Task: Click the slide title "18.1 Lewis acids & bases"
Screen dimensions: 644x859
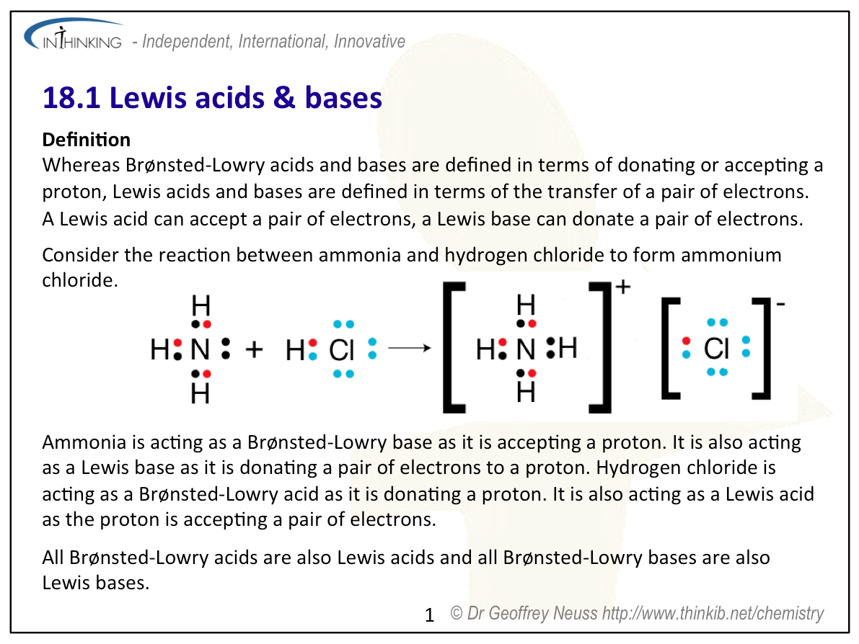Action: coord(212,98)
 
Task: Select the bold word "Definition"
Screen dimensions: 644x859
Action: coord(87,139)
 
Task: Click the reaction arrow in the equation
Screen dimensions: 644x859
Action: coord(409,349)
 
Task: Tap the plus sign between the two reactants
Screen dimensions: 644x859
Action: coord(254,350)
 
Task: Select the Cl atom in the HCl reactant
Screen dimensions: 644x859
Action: coord(342,350)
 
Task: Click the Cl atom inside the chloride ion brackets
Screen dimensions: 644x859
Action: coord(716,349)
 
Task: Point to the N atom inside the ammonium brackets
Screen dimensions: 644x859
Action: coord(526,350)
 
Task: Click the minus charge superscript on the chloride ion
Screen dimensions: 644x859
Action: coord(780,305)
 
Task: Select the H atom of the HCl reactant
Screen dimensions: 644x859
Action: coord(295,350)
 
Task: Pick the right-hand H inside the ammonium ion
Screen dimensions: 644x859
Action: coord(568,349)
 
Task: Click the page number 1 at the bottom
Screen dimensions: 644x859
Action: coord(430,615)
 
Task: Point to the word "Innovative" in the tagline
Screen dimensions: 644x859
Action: coord(369,42)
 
